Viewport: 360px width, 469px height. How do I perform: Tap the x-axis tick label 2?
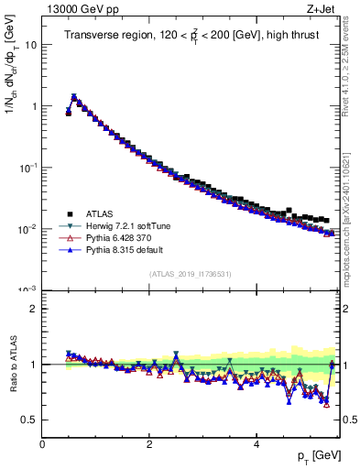tap(149, 444)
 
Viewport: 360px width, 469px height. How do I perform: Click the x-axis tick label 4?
tap(256, 444)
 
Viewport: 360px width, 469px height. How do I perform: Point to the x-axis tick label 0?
tap(42, 444)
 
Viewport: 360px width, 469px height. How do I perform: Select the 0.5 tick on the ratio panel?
tap(29, 420)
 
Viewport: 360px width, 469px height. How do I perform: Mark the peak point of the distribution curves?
tap(74, 96)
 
